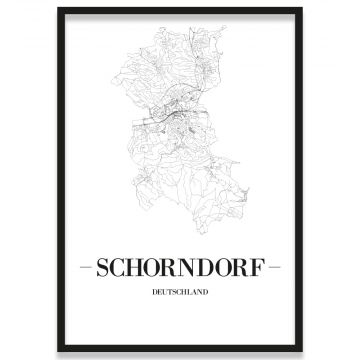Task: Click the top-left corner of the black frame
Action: [58, 9]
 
